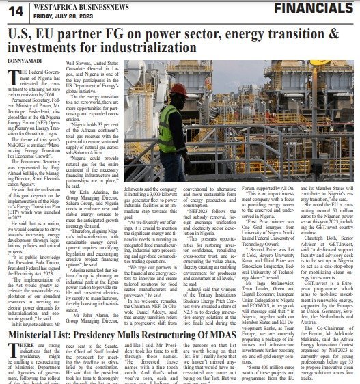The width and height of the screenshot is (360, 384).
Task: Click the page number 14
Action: point(15,10)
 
